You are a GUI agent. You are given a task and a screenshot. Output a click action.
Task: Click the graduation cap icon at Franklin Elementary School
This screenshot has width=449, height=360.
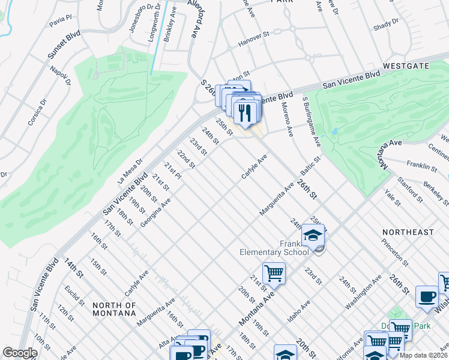pos(313,236)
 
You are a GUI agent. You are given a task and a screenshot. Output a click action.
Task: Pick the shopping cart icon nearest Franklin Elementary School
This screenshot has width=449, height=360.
pos(274,274)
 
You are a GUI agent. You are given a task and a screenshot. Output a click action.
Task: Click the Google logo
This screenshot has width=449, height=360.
pos(20,353)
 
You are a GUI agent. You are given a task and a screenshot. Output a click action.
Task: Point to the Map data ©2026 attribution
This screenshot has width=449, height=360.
pos(423,355)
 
